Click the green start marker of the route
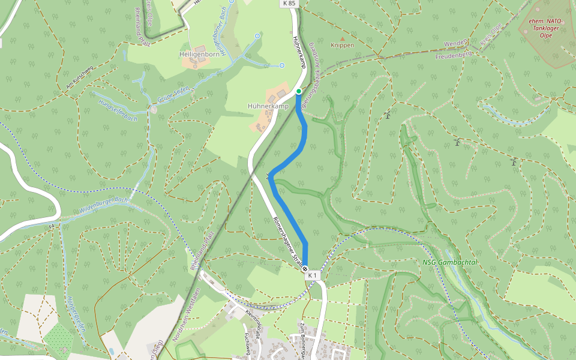(299, 91)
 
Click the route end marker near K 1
(305, 268)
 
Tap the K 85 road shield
(288, 4)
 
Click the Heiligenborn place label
(199, 54)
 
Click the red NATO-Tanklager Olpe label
(545, 27)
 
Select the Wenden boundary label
(455, 44)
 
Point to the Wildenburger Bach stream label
(103, 206)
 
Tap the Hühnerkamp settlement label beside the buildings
(268, 106)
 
